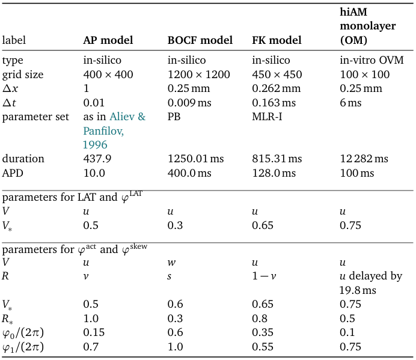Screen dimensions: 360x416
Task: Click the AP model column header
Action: pyautogui.click(x=108, y=41)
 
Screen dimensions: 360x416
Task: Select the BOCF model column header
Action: pyautogui.click(x=200, y=41)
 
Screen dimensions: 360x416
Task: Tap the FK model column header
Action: pyautogui.click(x=277, y=41)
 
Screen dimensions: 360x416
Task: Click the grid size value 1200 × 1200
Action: pyautogui.click(x=198, y=75)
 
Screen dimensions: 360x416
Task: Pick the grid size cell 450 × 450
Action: pyautogui.click(x=277, y=75)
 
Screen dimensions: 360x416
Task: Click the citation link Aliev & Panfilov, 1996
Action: pyautogui.click(x=114, y=130)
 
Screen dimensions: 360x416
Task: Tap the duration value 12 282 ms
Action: pyautogui.click(x=364, y=159)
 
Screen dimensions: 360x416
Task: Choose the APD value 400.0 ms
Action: pyautogui.click(x=189, y=173)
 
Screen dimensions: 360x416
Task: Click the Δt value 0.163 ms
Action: pyautogui.click(x=274, y=103)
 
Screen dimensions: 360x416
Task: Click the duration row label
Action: pyautogui.click(x=23, y=159)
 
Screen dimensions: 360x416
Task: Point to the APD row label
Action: pyautogui.click(x=13, y=173)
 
